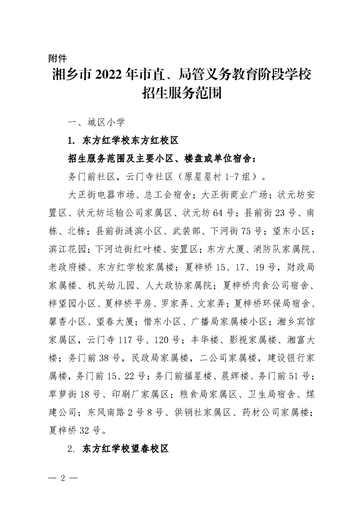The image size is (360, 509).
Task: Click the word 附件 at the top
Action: click(58, 58)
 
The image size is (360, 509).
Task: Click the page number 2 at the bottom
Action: click(64, 479)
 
